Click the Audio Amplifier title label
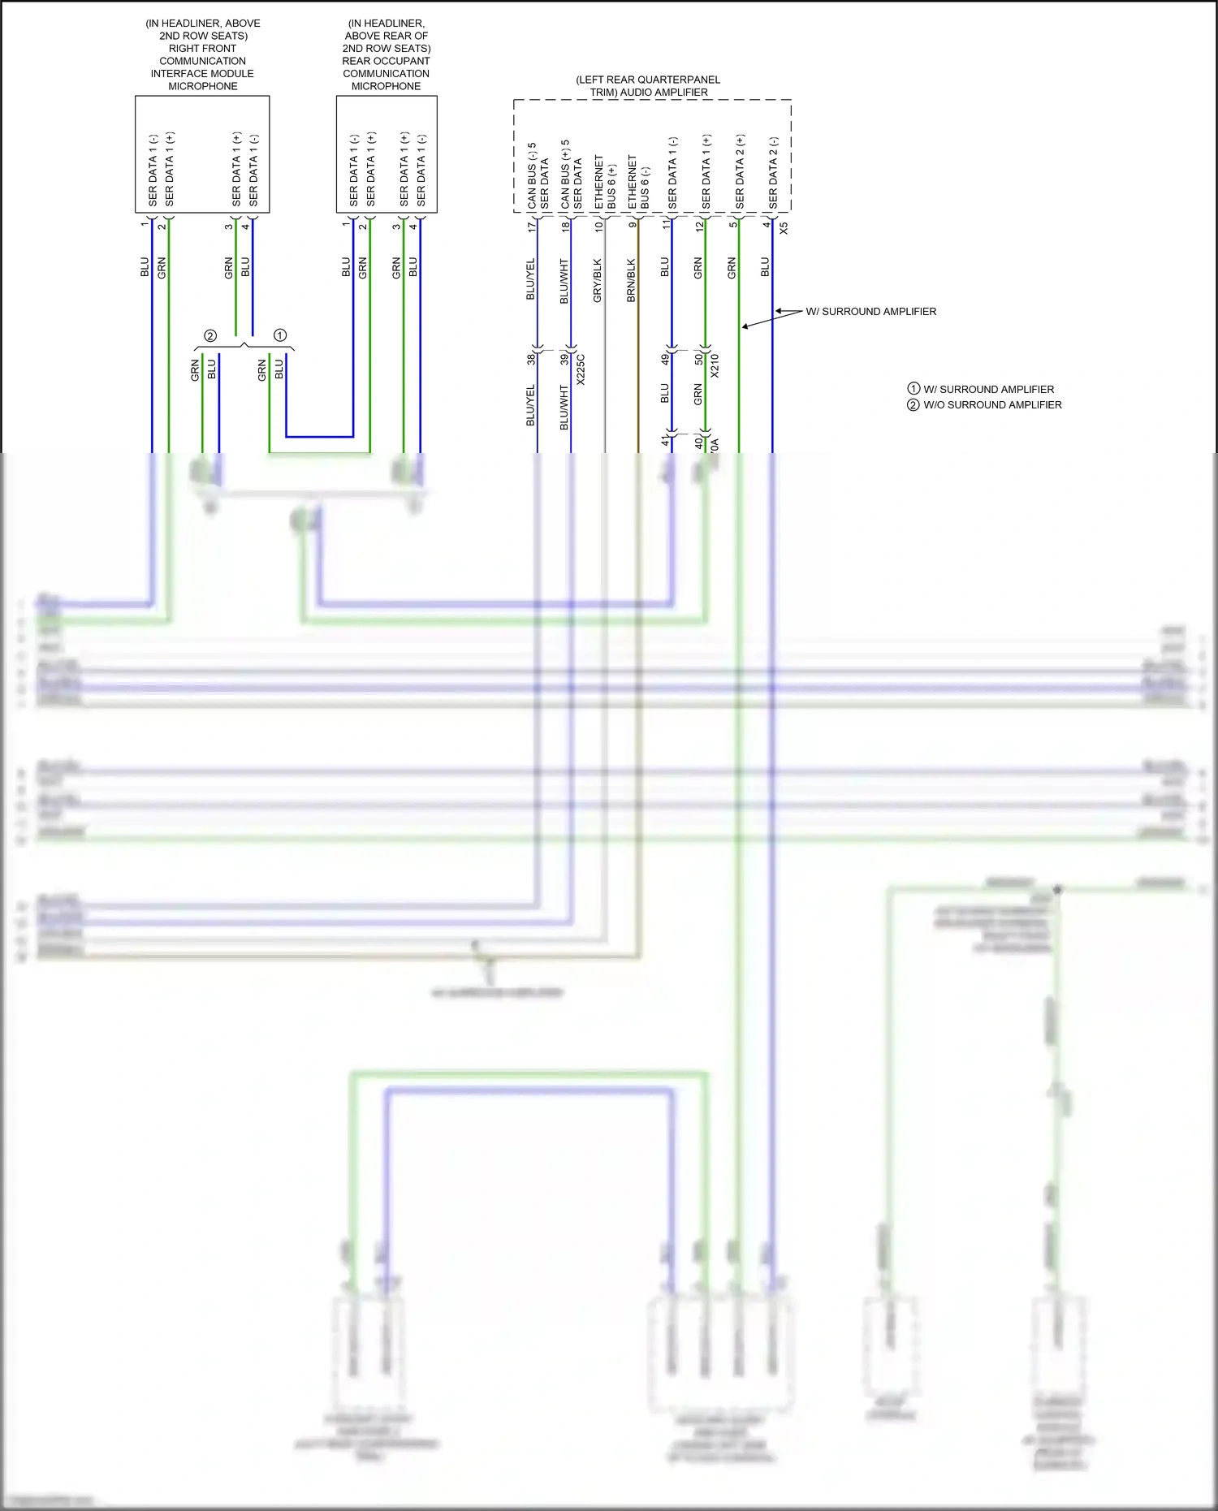click(648, 86)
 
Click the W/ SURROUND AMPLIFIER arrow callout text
click(870, 312)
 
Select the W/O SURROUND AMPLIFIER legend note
click(991, 405)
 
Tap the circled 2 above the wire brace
click(210, 335)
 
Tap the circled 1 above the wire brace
click(280, 335)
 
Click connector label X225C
click(581, 369)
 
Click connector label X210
click(715, 365)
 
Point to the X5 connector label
click(784, 229)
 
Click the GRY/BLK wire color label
click(598, 281)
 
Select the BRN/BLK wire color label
click(632, 281)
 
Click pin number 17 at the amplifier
click(532, 227)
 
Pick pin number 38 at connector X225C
click(531, 358)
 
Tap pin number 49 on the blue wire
click(665, 358)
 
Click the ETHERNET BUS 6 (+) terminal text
click(605, 183)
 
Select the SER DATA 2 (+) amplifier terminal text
click(740, 171)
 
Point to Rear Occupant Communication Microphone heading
click(387, 54)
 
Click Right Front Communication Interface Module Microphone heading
click(202, 54)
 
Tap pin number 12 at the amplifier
click(699, 226)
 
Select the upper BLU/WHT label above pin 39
click(564, 281)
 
